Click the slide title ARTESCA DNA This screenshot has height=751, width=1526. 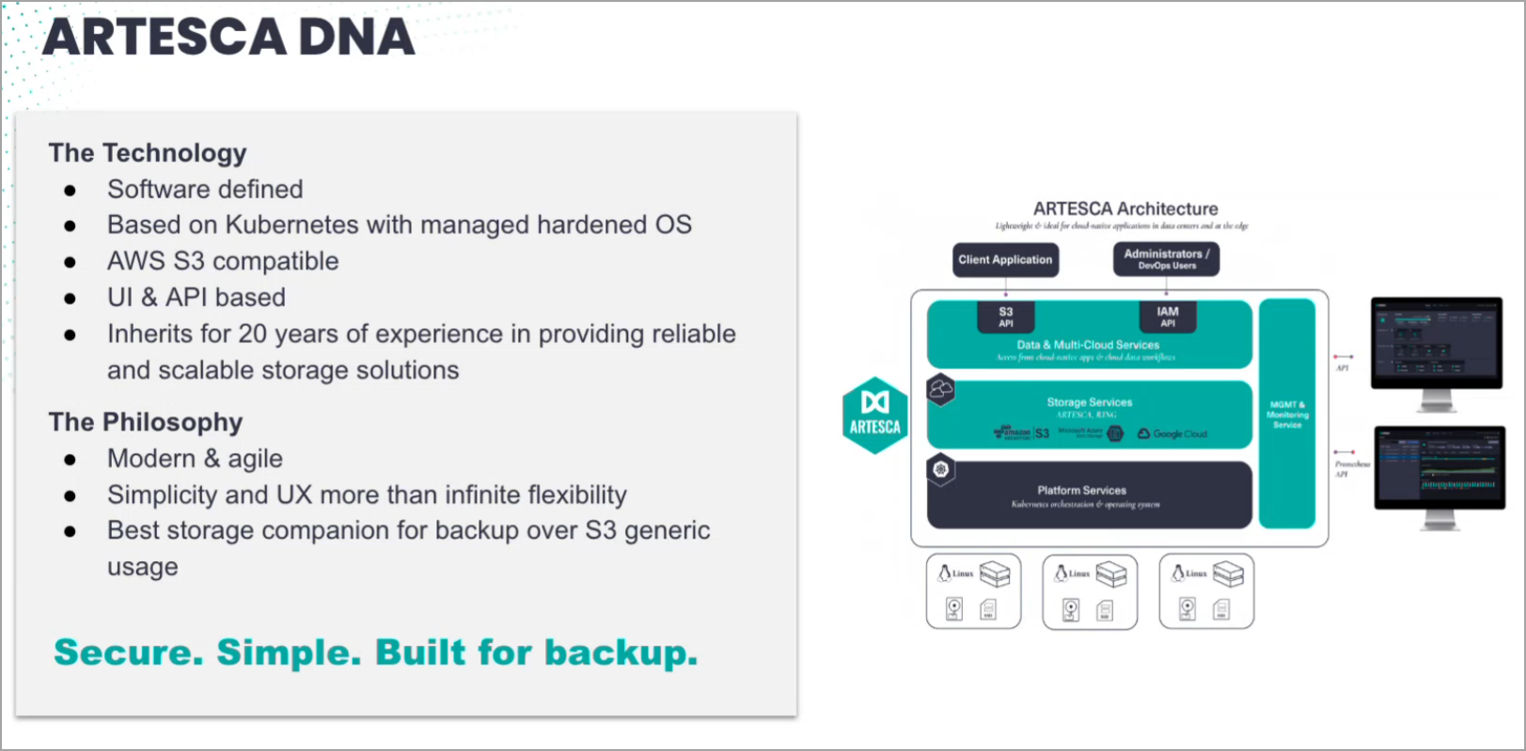coord(228,38)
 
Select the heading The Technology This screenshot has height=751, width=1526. coord(148,153)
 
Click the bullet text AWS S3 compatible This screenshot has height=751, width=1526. coord(223,261)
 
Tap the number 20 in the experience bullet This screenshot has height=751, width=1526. coord(252,334)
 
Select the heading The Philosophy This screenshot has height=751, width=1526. coord(146,422)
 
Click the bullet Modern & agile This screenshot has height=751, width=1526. coord(195,459)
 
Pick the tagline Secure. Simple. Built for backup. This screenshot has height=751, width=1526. coord(376,652)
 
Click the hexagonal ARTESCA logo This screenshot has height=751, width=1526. coord(874,415)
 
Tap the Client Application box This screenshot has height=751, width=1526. coord(1005,259)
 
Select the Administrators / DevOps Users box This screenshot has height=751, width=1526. coord(1166,259)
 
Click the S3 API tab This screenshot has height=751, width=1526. coord(1005,317)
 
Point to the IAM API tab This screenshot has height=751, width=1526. coord(1167,317)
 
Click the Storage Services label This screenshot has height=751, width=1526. coord(1090,402)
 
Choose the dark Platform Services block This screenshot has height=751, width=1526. coord(1089,495)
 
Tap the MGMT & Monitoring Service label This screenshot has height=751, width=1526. coord(1287,415)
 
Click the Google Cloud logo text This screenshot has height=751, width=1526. coord(1179,434)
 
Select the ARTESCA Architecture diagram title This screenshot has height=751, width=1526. coord(1125,209)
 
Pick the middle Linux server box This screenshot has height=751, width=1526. coord(1090,591)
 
